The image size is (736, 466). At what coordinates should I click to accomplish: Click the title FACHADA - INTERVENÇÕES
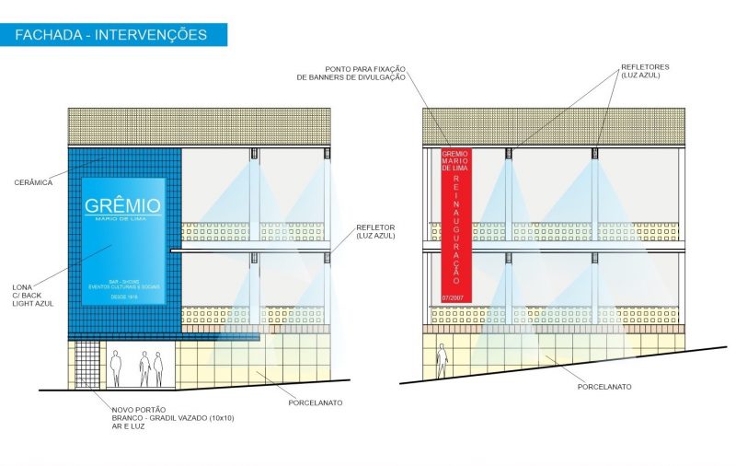point(110,35)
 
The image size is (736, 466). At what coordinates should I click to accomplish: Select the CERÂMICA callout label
point(34,182)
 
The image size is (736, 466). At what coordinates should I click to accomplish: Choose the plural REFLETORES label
point(639,66)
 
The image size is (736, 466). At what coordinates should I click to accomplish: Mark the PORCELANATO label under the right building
point(604,387)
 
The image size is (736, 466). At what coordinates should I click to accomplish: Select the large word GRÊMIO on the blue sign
point(122,205)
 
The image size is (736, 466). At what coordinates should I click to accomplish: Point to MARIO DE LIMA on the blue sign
point(122,219)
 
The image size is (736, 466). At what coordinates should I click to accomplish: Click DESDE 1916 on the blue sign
point(122,297)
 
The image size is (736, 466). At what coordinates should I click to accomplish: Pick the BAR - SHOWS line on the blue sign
point(122,279)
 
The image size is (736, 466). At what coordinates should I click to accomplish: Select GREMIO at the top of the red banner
point(455,153)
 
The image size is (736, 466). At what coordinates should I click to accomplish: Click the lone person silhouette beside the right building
point(443,359)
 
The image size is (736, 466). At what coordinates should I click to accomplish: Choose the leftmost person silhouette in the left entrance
point(116,367)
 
